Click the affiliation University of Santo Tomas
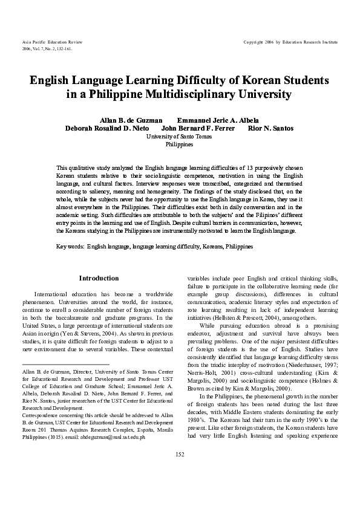click(180, 137)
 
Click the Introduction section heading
click(99, 277)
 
